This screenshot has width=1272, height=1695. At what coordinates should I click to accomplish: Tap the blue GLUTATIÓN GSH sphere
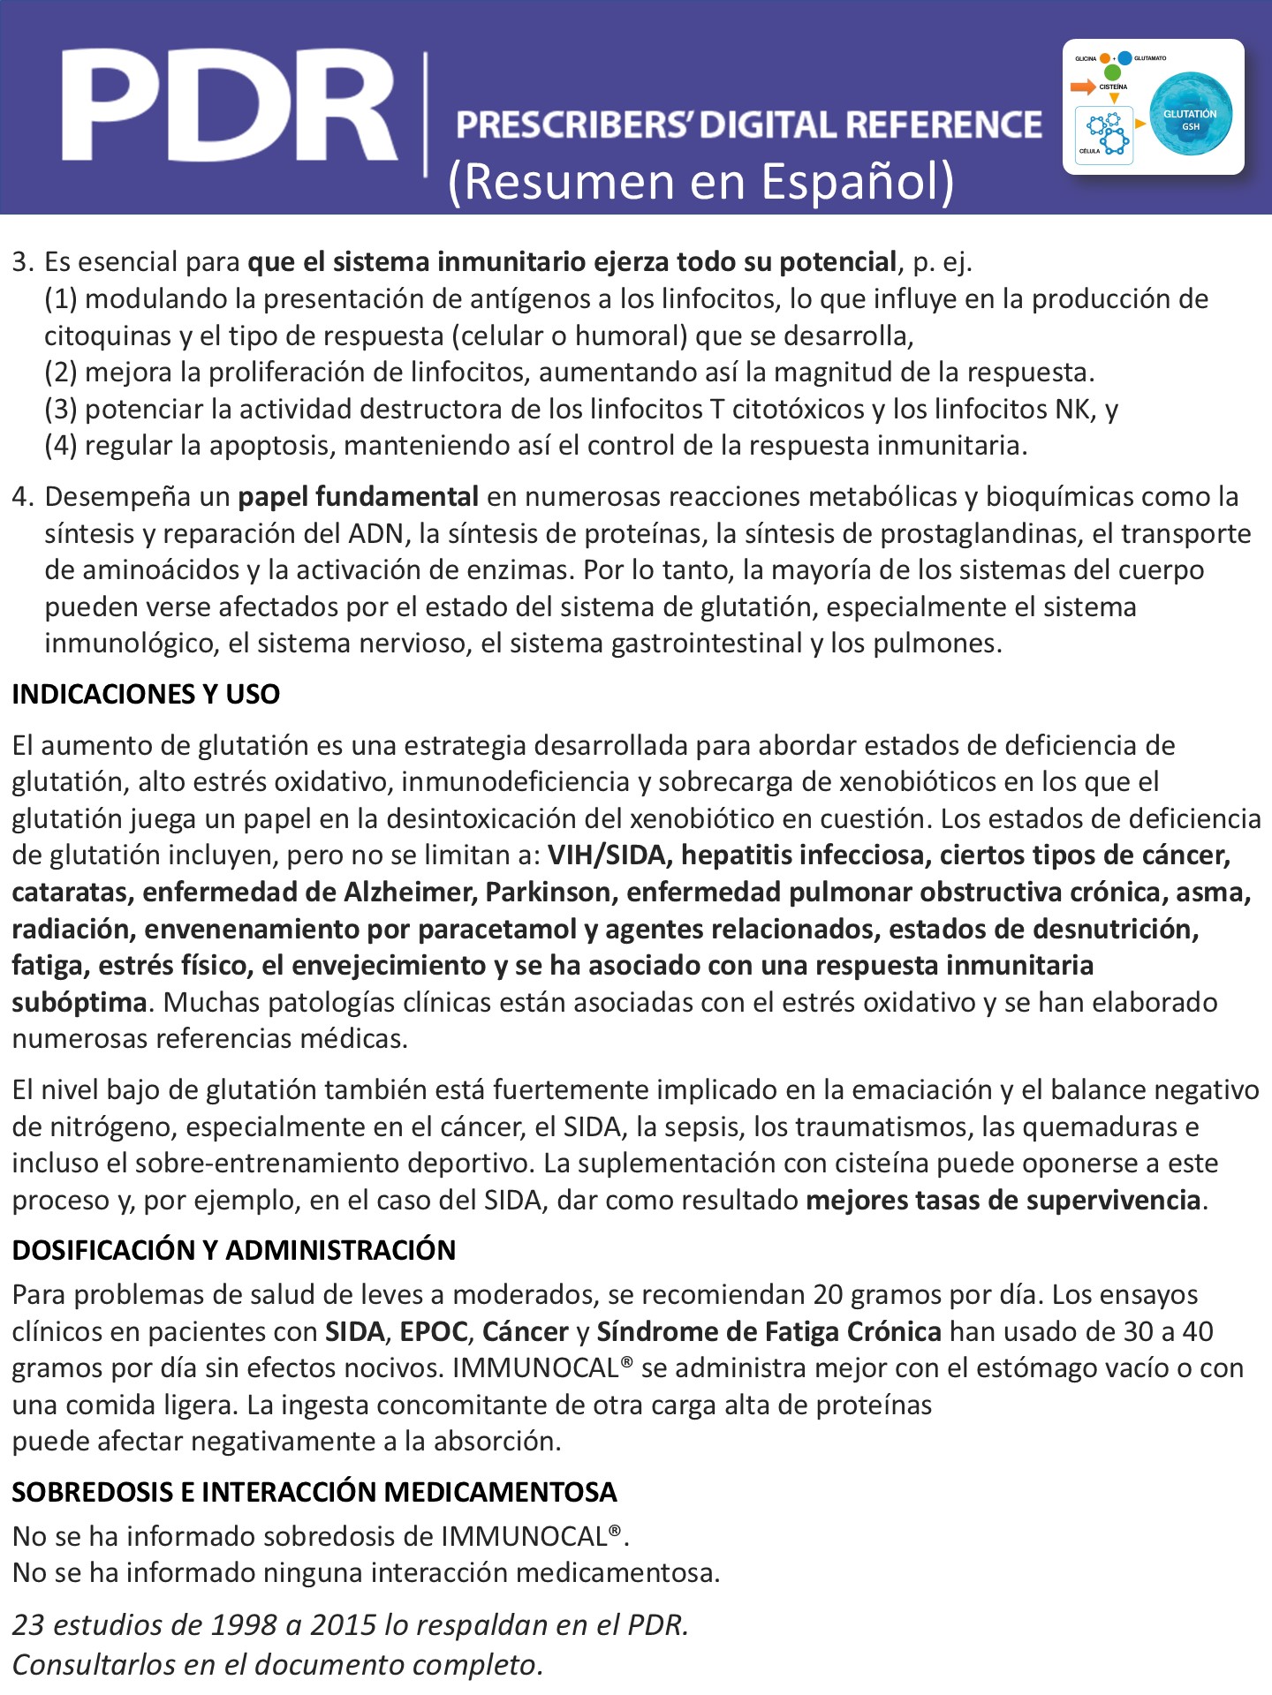1190,114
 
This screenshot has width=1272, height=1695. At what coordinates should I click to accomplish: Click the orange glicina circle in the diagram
1105,58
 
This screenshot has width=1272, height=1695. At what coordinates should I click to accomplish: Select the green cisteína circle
1113,72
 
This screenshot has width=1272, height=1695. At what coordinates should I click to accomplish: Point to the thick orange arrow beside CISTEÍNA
1083,87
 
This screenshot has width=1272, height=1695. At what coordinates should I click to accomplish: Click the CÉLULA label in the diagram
1089,151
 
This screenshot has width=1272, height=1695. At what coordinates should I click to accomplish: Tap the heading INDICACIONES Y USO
146,694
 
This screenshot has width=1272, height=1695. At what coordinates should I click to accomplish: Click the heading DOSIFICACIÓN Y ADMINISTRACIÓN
234,1250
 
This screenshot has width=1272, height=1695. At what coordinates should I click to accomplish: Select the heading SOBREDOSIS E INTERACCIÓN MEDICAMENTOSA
314,1492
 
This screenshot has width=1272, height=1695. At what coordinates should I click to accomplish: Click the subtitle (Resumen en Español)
701,181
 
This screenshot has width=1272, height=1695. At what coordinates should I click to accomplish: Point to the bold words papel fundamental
359,497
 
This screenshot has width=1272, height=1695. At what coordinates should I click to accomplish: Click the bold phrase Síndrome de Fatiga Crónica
768,1331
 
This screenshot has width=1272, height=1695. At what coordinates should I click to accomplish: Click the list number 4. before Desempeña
23,497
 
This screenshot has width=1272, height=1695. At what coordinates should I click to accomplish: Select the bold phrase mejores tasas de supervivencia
1003,1201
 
